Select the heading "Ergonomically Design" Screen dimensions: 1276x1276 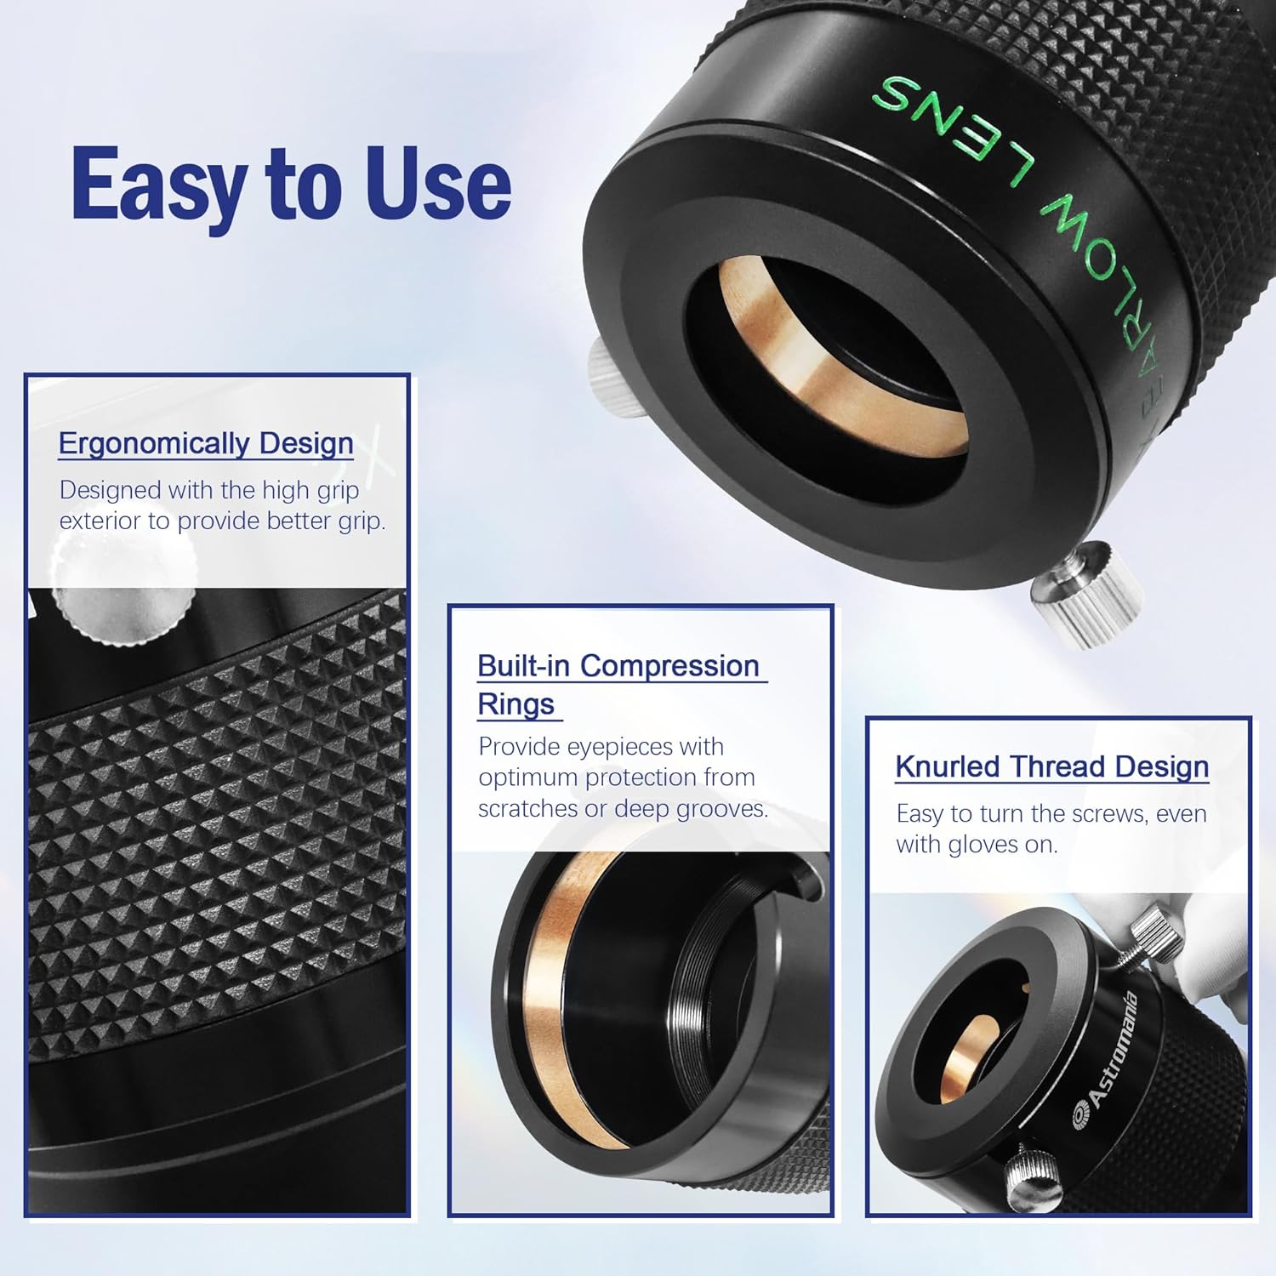pyautogui.click(x=206, y=443)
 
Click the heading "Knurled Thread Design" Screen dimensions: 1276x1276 pyautogui.click(x=1051, y=766)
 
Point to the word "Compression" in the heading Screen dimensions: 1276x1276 pyautogui.click(x=669, y=666)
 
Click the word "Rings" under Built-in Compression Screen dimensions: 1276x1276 pyautogui.click(x=516, y=704)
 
